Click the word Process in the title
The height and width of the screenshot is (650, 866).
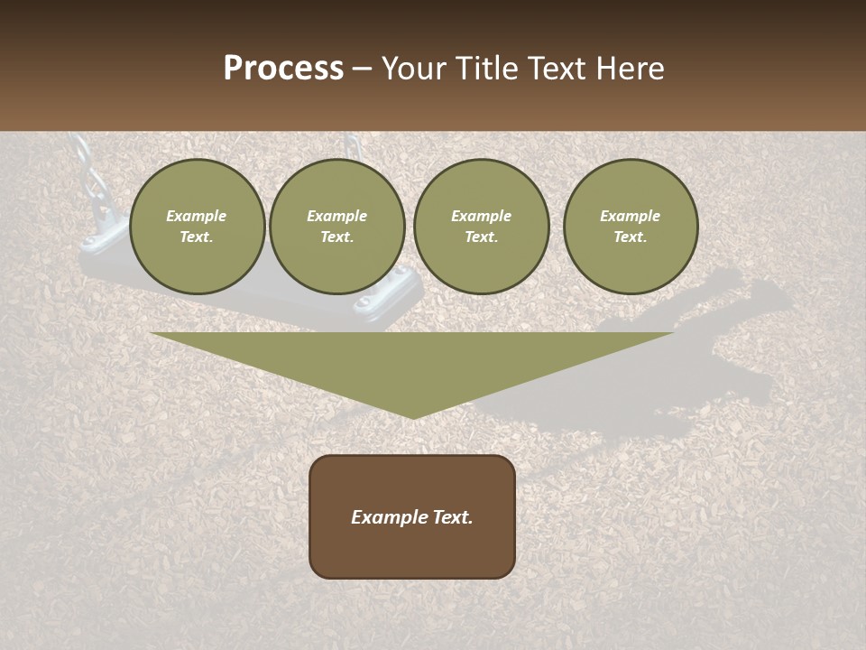[x=283, y=69]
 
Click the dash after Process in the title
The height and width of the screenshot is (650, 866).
[x=363, y=70]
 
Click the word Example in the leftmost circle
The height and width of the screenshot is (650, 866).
[x=197, y=216]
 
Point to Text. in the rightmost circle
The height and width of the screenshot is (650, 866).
[x=631, y=237]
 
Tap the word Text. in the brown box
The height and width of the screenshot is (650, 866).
[x=453, y=517]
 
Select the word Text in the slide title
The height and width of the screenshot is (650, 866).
[x=556, y=69]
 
